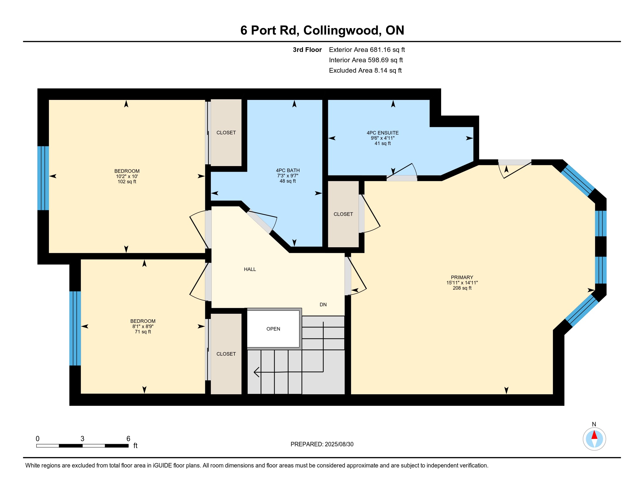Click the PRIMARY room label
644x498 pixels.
point(462,277)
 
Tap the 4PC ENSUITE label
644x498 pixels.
point(383,133)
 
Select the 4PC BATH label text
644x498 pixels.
point(287,170)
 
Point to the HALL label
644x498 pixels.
point(250,269)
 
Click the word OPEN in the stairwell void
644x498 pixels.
point(273,329)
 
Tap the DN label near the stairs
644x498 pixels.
point(323,304)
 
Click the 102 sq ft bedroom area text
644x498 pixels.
point(127,181)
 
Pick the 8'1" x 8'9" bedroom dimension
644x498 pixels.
point(143,326)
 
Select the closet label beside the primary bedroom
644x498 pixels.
point(343,214)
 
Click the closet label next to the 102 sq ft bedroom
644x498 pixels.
point(226,132)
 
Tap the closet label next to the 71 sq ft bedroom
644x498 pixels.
point(226,354)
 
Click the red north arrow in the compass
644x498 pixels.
point(594,435)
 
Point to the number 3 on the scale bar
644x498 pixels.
point(82,439)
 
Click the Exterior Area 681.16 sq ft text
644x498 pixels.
point(367,50)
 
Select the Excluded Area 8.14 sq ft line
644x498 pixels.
point(365,70)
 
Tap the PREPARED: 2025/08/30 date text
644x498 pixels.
point(322,444)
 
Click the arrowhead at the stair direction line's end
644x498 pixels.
point(256,372)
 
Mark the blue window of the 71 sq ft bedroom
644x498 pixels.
point(75,328)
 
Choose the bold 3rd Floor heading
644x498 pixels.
point(307,50)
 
